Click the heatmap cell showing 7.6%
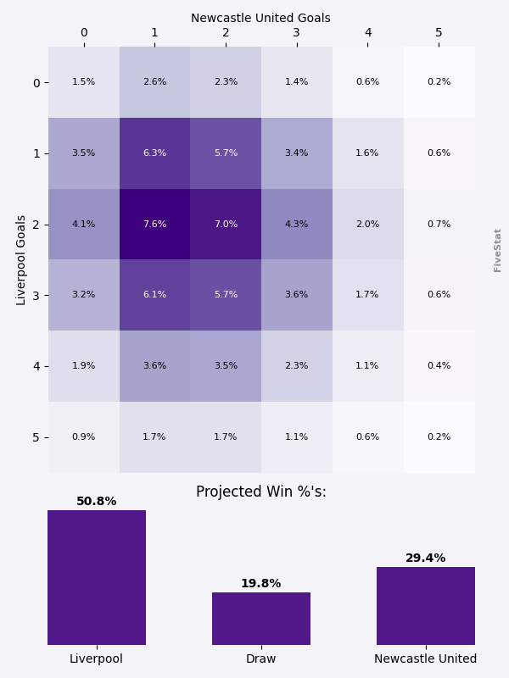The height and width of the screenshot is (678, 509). (154, 225)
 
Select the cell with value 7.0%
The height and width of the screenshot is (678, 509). (226, 225)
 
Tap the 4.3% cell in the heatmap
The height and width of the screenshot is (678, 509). (297, 225)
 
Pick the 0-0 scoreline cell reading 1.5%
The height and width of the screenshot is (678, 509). (84, 82)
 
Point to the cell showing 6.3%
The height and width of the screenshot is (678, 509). (154, 153)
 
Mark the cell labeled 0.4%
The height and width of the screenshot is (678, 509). (439, 366)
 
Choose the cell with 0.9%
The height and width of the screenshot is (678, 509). (84, 437)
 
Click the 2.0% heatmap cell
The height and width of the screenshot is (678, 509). (367, 225)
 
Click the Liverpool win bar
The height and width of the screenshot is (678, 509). (97, 577)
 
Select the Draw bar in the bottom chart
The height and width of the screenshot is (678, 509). (261, 619)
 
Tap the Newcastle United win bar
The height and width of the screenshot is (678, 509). (426, 606)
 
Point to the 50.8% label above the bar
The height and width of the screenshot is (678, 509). (97, 502)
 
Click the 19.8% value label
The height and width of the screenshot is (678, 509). (261, 584)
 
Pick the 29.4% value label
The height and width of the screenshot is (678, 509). (426, 559)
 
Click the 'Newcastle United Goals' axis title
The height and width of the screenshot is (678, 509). (260, 18)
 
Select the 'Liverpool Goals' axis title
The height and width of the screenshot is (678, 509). (22, 259)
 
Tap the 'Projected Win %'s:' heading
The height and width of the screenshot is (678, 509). (261, 492)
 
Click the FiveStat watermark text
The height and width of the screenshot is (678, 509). (498, 250)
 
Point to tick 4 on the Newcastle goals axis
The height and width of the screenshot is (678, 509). (367, 33)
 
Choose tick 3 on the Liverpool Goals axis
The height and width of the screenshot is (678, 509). (36, 295)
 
